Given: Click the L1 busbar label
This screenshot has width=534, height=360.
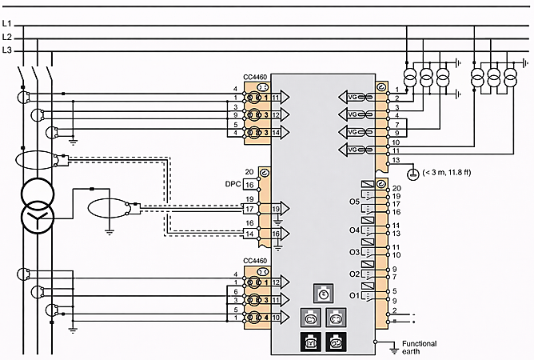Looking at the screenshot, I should click(6, 25).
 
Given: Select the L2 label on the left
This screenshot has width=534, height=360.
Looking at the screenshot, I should click(6, 38).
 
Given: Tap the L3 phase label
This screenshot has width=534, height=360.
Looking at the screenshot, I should click(6, 50).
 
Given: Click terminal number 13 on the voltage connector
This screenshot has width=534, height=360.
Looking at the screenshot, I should click(395, 161).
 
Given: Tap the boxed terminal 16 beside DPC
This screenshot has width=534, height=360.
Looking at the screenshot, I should click(250, 184).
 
